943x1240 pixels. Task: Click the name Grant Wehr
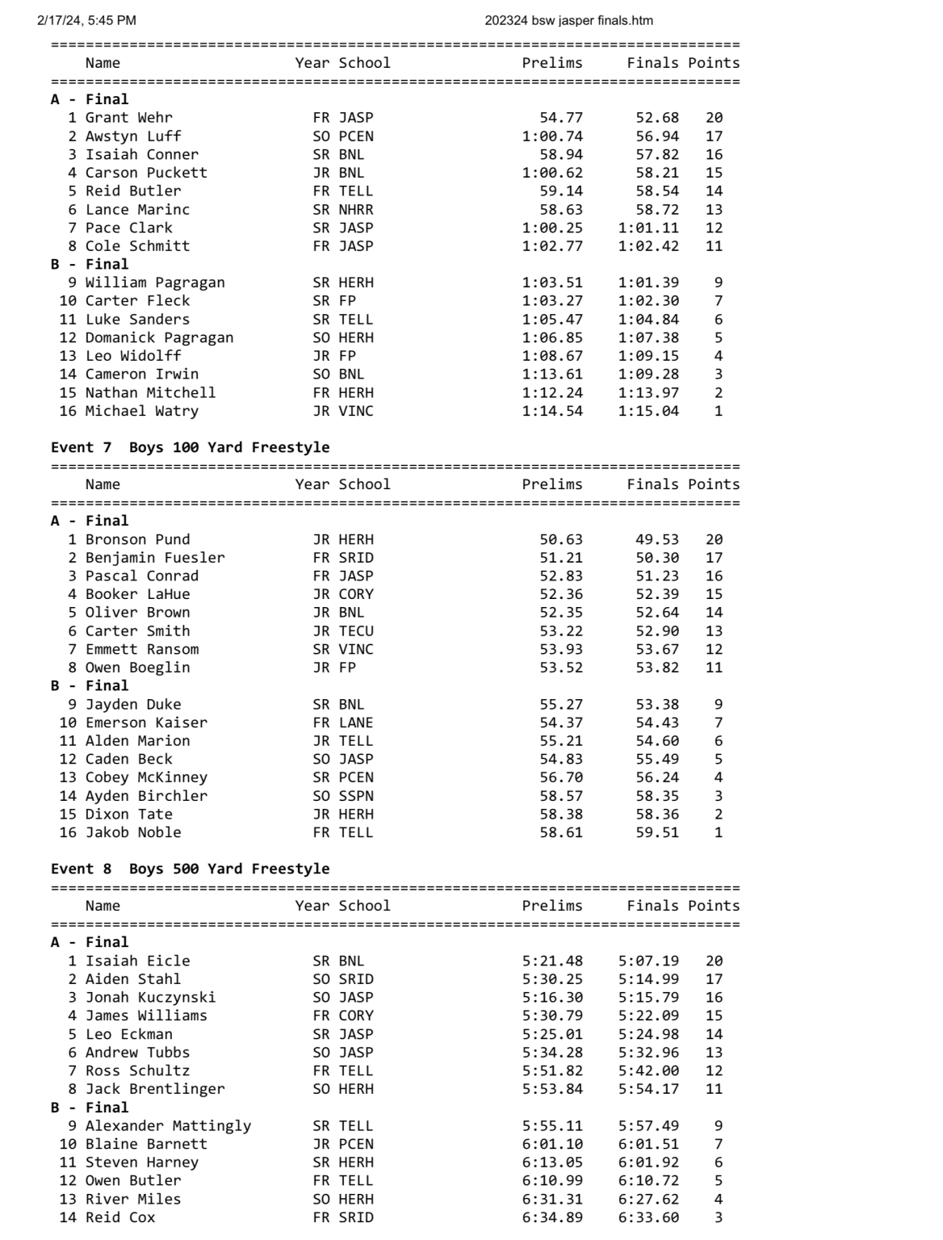128,118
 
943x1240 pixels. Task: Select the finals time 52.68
657,118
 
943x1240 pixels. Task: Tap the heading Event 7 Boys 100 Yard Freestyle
190,447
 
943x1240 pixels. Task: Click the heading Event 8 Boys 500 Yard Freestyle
190,869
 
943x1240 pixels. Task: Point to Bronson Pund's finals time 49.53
657,539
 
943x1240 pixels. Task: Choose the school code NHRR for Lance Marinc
356,210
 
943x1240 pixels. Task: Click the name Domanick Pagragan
159,337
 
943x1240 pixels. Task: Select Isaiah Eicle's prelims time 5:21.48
552,961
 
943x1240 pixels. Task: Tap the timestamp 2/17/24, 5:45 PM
86,20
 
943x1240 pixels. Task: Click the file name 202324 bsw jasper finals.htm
568,20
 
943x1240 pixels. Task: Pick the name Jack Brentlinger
155,1089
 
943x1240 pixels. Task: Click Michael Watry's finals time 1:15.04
648,411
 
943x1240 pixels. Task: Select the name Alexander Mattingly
168,1125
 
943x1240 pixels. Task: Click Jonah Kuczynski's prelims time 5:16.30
552,998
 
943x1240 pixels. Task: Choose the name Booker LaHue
137,594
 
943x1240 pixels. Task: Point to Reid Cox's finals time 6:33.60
648,1217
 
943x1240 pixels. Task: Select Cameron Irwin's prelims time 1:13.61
552,374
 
